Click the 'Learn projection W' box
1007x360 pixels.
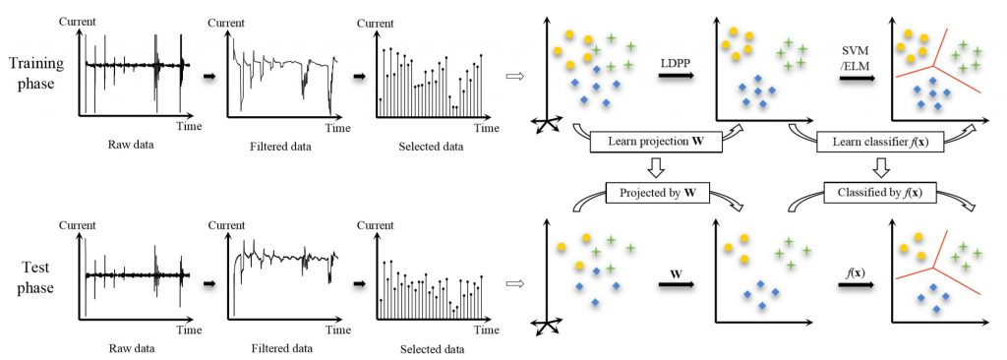click(656, 142)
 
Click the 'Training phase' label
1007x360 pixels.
click(36, 75)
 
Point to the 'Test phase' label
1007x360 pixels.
click(36, 277)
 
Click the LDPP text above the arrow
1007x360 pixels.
click(676, 63)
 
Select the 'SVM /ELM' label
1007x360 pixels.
click(857, 57)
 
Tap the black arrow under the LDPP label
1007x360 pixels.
click(677, 76)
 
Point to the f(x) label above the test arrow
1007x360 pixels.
click(855, 272)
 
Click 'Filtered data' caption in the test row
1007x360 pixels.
click(280, 349)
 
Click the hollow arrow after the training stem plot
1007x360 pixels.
click(515, 77)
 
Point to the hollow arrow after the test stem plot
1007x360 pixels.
click(515, 282)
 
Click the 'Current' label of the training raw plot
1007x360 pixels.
click(77, 22)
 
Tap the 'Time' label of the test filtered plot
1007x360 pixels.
click(338, 330)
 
